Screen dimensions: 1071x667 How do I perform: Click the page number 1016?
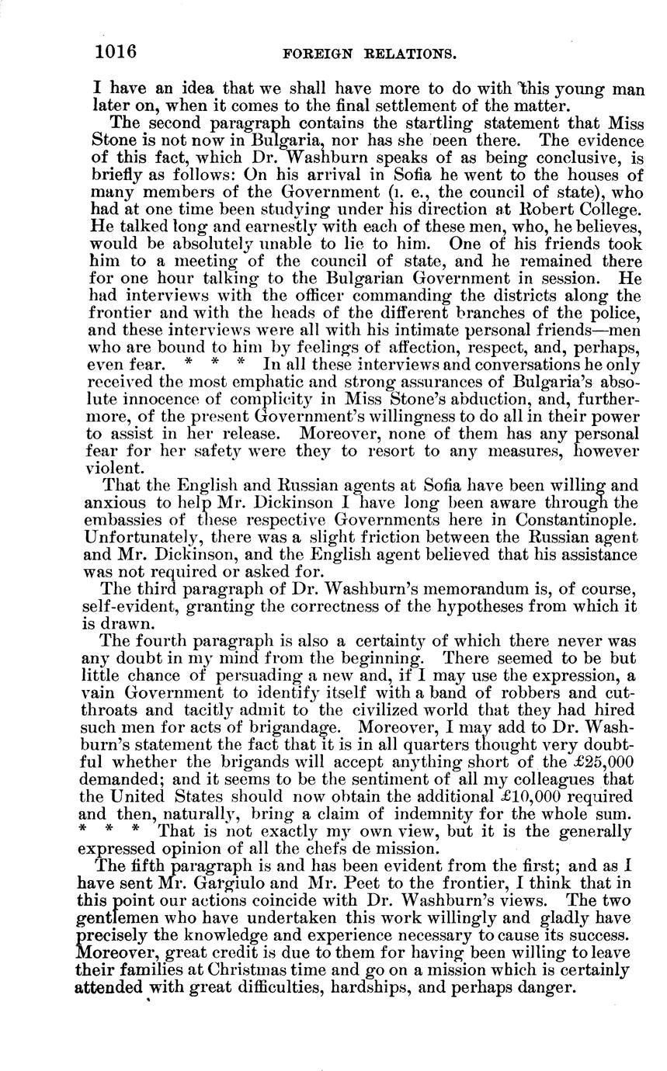(x=116, y=52)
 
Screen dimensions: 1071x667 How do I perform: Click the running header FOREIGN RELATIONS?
(x=369, y=54)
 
